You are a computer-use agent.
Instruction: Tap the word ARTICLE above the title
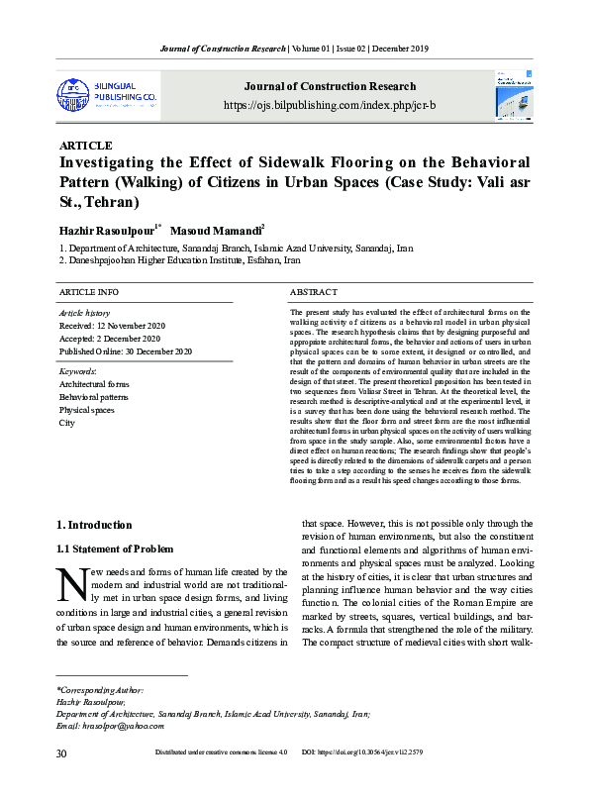pos(86,146)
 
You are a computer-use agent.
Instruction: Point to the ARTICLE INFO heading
pos(89,293)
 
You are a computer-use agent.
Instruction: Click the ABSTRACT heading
pos(314,293)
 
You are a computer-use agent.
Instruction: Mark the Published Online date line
pos(126,350)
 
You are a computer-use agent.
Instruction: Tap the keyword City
pos(67,422)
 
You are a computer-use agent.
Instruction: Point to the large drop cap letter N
pos(74,584)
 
